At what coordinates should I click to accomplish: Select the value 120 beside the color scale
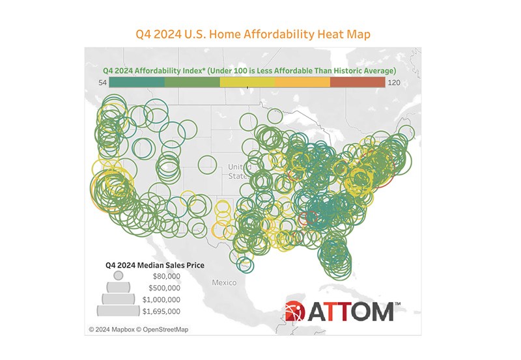coord(395,83)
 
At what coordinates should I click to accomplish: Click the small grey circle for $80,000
coord(118,275)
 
